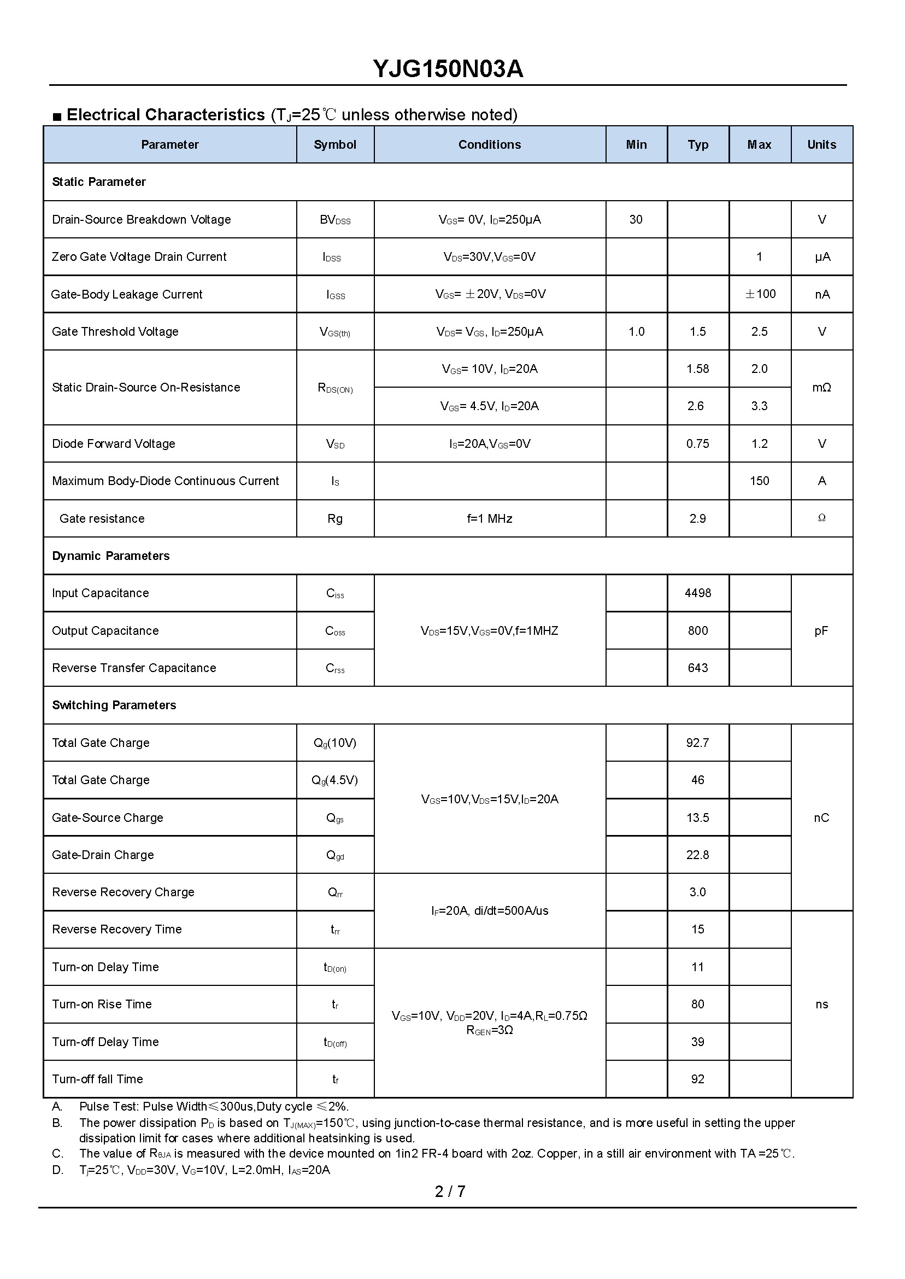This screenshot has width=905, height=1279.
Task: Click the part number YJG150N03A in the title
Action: (x=448, y=69)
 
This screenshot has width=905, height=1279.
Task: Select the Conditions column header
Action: (x=489, y=145)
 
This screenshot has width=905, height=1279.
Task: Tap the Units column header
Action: (x=821, y=145)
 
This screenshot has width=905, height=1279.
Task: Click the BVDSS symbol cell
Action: (x=335, y=220)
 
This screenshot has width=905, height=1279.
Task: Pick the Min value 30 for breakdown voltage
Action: (x=636, y=220)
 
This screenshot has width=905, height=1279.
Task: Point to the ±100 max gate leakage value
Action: (x=760, y=294)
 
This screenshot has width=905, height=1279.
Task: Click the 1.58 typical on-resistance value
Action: (x=697, y=369)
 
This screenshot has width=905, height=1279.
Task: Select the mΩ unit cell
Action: (x=821, y=388)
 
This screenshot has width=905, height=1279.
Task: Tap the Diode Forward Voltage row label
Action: (x=114, y=444)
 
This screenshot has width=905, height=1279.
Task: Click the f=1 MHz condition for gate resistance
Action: (x=489, y=518)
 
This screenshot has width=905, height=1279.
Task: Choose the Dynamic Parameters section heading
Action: (x=110, y=556)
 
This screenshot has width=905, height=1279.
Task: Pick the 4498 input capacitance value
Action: (x=698, y=593)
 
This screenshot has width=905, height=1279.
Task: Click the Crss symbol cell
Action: (x=335, y=669)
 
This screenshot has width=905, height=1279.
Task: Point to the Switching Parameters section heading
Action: (x=114, y=705)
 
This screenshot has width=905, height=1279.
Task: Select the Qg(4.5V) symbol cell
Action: (x=334, y=780)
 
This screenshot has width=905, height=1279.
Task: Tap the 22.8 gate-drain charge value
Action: (x=697, y=855)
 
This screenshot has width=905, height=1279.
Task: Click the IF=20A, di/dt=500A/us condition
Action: (x=489, y=910)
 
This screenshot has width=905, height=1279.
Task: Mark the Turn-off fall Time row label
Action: (x=97, y=1079)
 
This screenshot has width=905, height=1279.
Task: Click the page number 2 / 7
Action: (x=450, y=1192)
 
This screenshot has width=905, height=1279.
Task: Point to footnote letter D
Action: (x=57, y=1170)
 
